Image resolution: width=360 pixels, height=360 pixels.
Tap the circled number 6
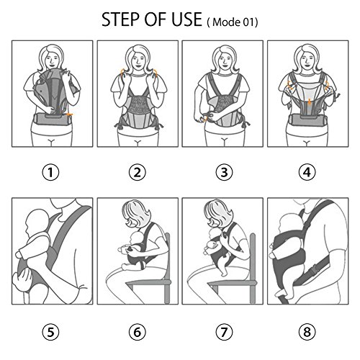tap(138, 333)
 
